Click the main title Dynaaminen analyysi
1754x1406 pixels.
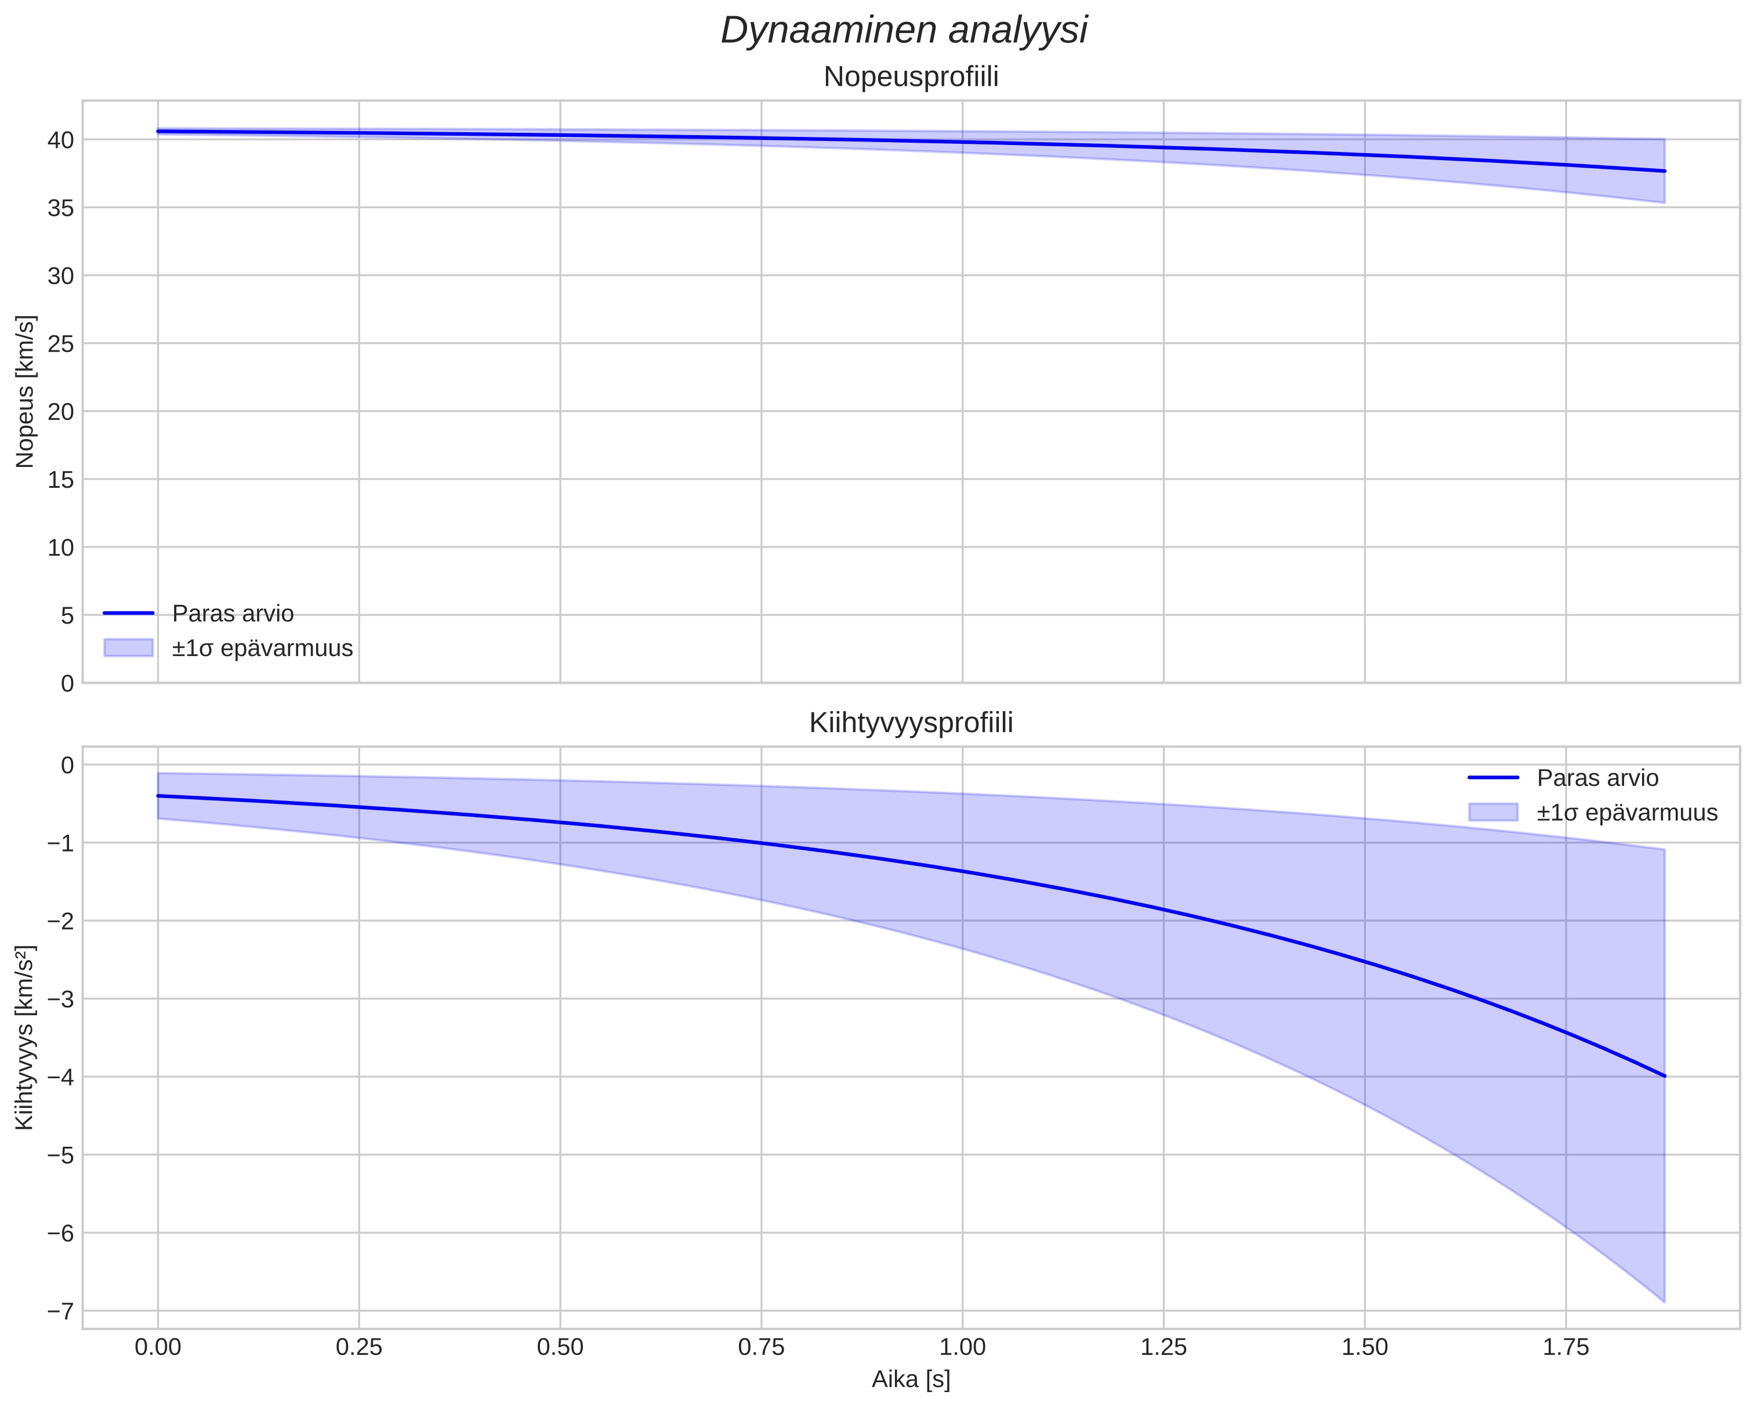pos(904,31)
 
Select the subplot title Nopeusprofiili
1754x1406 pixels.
pos(911,77)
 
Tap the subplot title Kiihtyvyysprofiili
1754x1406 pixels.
pos(911,723)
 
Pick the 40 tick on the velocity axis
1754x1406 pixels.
pos(61,140)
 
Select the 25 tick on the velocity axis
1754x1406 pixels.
pos(61,344)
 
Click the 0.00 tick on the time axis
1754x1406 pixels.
pos(158,1347)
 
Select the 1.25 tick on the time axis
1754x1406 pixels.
pos(1164,1347)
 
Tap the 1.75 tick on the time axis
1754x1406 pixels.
pos(1565,1347)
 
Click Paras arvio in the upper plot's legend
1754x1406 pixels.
pos(233,614)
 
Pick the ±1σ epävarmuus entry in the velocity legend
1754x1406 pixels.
pos(262,648)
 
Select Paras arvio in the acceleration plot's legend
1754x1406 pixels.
pos(1597,778)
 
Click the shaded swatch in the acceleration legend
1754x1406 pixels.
pos(1493,812)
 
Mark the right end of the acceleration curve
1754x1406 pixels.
pos(1665,1075)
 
